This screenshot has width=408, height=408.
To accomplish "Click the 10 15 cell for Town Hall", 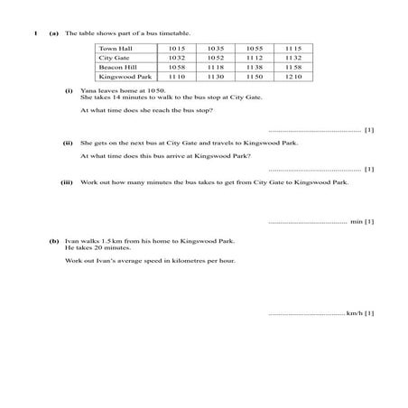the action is (176, 47).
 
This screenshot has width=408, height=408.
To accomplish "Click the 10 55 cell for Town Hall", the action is (254, 47).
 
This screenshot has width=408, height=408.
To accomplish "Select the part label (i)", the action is (69, 91).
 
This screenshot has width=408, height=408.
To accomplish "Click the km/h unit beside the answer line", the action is (355, 313).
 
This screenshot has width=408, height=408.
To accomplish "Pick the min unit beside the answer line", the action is (356, 221).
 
